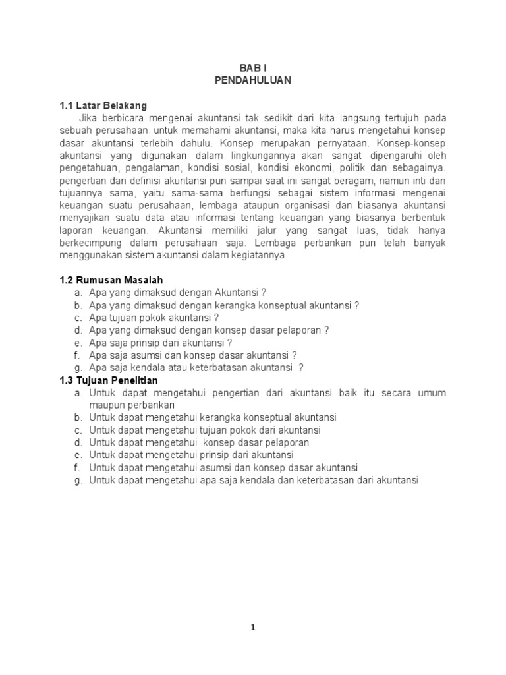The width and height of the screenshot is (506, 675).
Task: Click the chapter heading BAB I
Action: [x=252, y=68]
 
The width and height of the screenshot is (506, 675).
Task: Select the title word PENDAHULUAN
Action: [x=252, y=80]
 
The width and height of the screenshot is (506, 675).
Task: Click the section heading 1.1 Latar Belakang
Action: [x=103, y=105]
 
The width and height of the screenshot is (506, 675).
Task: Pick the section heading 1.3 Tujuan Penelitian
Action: [x=109, y=380]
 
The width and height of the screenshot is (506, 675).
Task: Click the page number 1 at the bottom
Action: [x=253, y=628]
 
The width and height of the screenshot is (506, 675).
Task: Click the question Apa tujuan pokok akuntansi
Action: [x=154, y=318]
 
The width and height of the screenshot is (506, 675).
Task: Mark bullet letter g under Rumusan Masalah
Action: [x=78, y=368]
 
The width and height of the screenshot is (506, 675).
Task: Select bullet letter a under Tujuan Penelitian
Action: [x=78, y=393]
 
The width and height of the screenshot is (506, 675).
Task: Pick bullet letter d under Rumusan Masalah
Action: [x=78, y=330]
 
